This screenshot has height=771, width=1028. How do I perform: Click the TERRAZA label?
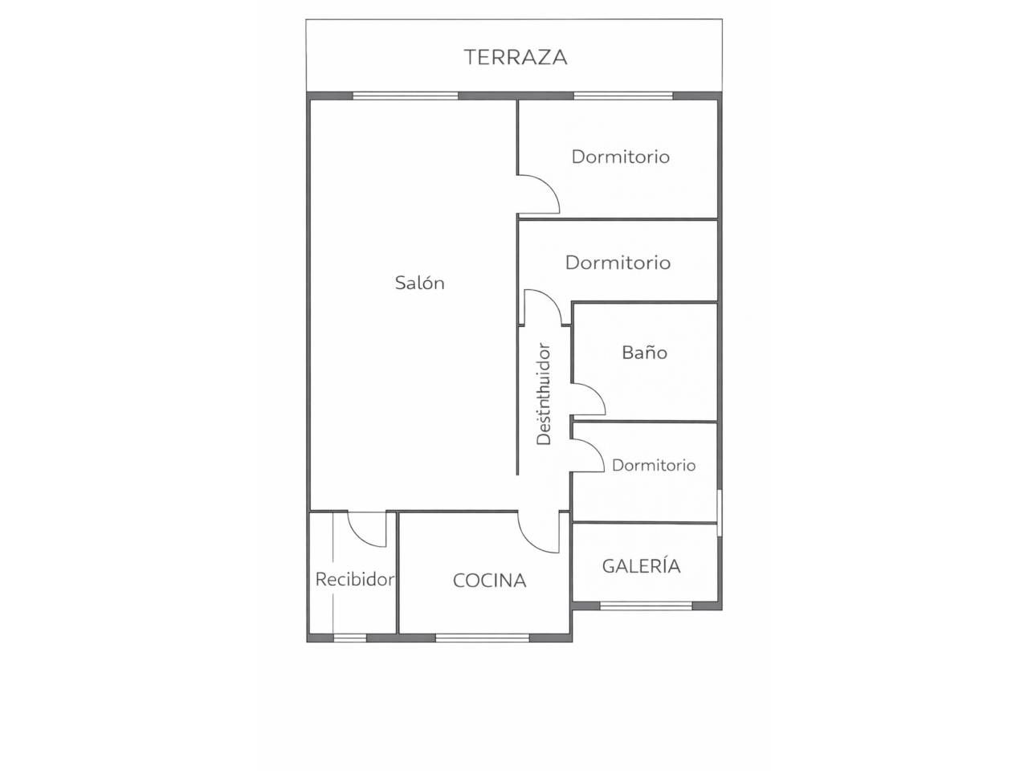pos(516,57)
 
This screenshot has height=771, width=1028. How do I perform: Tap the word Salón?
pos(419,283)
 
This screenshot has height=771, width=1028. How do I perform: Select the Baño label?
pos(644,352)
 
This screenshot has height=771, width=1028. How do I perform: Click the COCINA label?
pos(489,581)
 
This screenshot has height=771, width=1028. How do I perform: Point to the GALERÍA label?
pos(641,565)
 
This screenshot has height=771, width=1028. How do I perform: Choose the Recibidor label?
pos(355,580)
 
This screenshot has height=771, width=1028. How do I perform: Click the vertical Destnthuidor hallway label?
pos(544,394)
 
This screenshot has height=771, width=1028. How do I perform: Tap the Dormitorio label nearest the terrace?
pos(621,157)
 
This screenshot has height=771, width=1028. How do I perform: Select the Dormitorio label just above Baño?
pos(618,263)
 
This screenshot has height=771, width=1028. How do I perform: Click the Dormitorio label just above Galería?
pos(653,465)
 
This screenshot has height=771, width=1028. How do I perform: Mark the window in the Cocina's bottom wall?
pos(483,638)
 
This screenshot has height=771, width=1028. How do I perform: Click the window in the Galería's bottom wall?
pos(647,606)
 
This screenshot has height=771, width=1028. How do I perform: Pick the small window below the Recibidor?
pos(350,638)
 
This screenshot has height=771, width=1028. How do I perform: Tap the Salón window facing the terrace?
pos(405,96)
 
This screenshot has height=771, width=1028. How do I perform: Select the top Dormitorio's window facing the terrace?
pos(623,96)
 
